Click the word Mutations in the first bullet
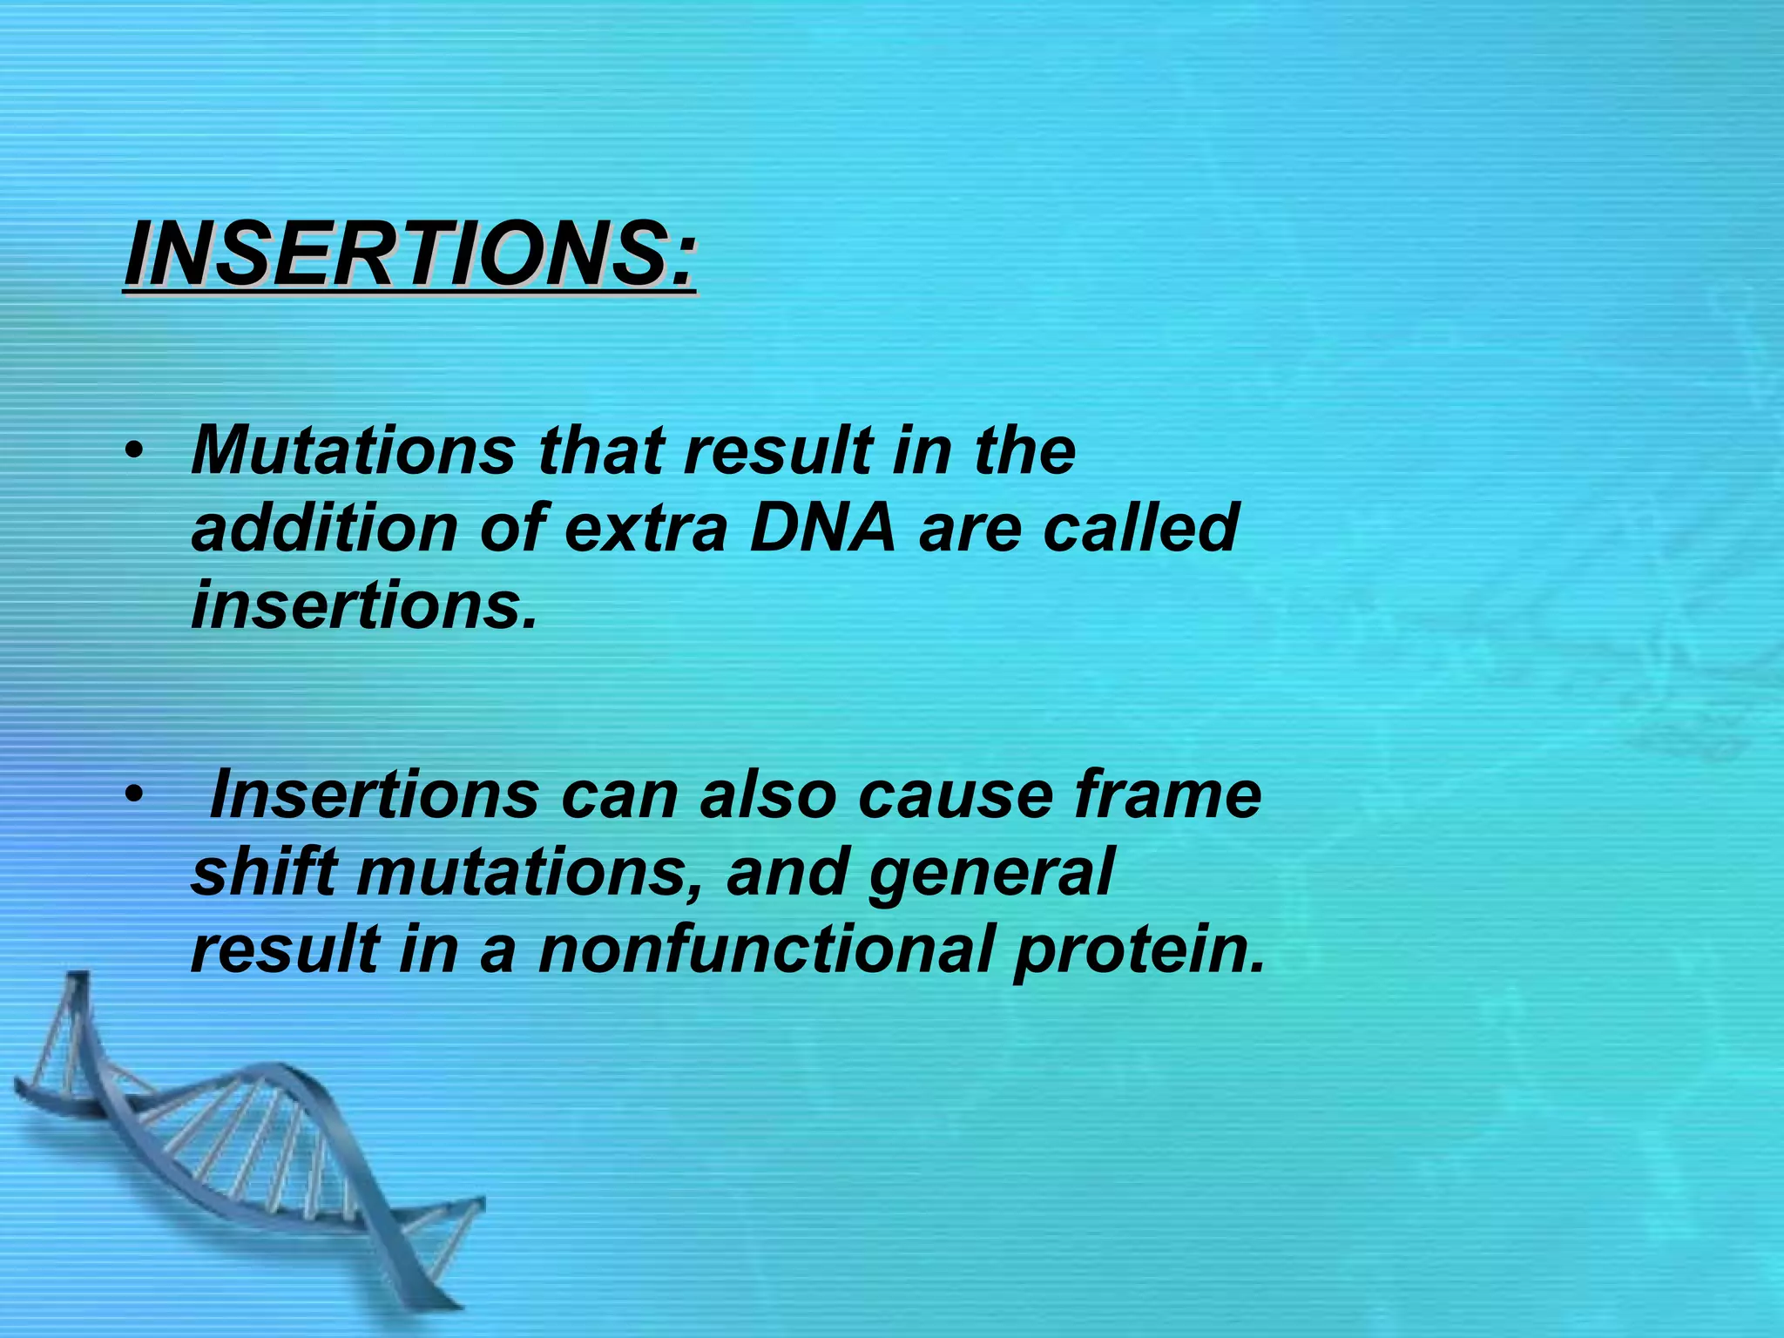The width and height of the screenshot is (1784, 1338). coord(353,450)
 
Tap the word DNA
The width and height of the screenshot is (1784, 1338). coord(822,528)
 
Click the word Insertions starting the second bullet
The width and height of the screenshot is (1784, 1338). coord(375,794)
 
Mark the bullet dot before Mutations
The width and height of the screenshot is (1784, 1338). coord(132,452)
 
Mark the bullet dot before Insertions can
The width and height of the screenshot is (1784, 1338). coord(132,795)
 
